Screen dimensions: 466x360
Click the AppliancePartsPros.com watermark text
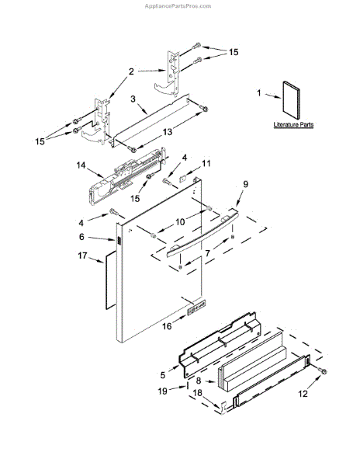click(x=179, y=5)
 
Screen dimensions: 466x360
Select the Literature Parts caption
click(x=293, y=124)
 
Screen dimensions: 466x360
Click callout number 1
click(x=259, y=93)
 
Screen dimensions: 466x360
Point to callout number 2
click(x=131, y=71)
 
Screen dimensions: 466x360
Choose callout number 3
click(x=133, y=99)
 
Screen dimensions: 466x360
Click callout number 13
click(x=167, y=133)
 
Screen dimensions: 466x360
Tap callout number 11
click(x=206, y=163)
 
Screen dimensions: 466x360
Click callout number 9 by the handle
click(x=244, y=184)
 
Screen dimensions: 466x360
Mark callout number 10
click(x=179, y=223)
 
